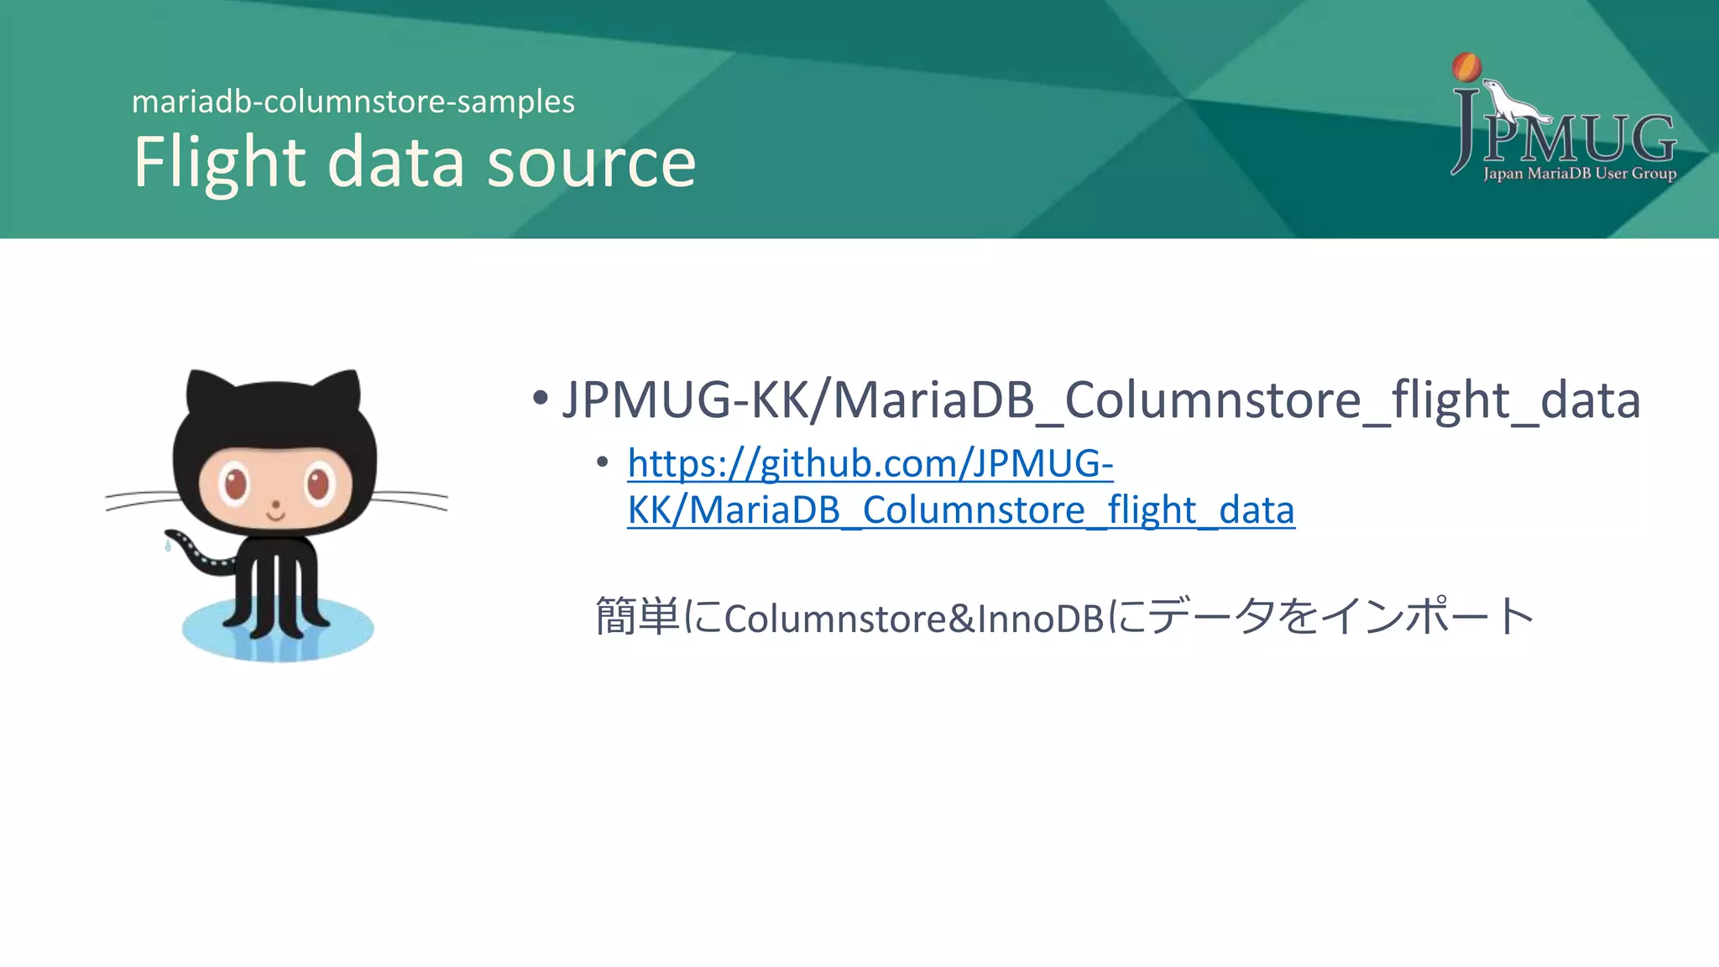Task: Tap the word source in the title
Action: pos(592,162)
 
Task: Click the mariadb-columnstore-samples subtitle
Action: pos(353,102)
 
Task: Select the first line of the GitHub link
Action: pos(870,463)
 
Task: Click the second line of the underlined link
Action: pos(961,510)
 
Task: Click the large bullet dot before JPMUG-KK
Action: pos(540,398)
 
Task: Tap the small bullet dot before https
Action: pos(602,463)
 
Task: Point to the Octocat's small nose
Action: pos(275,505)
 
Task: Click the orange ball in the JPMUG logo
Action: pos(1466,67)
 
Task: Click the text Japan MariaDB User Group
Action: pos(1579,174)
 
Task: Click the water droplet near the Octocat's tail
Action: pos(167,546)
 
